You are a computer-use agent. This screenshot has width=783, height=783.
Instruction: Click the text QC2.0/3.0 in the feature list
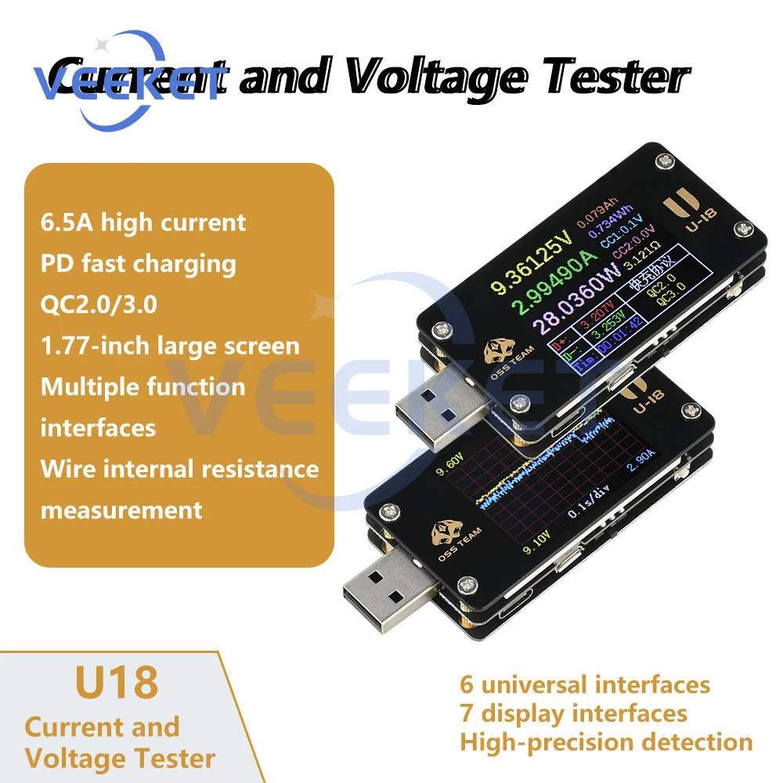coord(99,304)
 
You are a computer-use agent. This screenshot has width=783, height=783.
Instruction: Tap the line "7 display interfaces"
coord(573,713)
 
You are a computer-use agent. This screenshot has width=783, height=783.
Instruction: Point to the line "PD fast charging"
coord(138,263)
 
